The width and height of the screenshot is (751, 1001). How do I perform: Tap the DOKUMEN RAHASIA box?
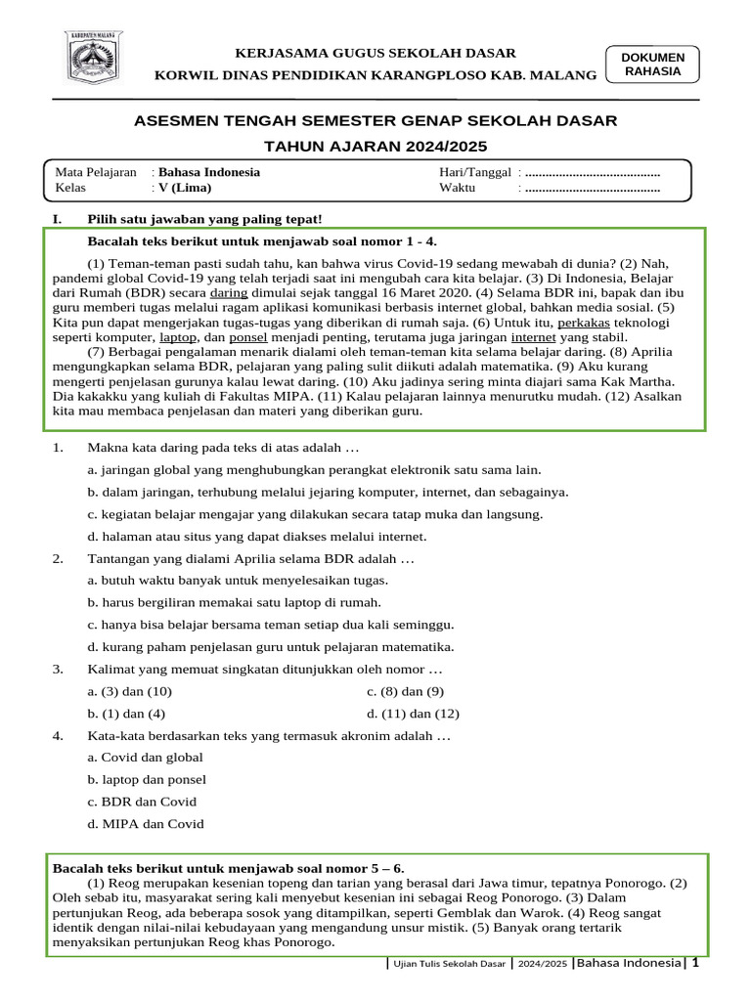click(652, 65)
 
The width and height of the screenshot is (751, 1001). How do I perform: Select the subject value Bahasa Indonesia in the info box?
click(209, 172)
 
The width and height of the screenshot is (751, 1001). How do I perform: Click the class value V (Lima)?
click(185, 188)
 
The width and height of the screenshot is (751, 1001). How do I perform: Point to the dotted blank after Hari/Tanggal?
click(593, 172)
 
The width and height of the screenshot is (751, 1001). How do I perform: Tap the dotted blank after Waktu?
click(593, 188)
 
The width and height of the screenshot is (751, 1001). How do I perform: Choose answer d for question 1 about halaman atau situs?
click(256, 537)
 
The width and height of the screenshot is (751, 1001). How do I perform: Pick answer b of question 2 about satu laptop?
click(234, 603)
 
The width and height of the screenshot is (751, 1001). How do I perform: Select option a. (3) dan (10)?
click(130, 691)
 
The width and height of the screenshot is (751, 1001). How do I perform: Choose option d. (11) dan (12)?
click(413, 714)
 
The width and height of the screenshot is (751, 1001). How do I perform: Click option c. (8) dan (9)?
click(406, 691)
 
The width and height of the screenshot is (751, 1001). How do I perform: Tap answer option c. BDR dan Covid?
click(142, 802)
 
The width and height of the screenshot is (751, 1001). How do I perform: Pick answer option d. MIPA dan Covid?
click(146, 824)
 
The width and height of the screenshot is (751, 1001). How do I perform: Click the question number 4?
click(59, 735)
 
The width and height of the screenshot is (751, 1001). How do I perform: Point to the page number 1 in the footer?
click(694, 964)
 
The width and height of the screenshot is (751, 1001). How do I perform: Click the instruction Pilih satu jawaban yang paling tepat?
click(204, 219)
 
